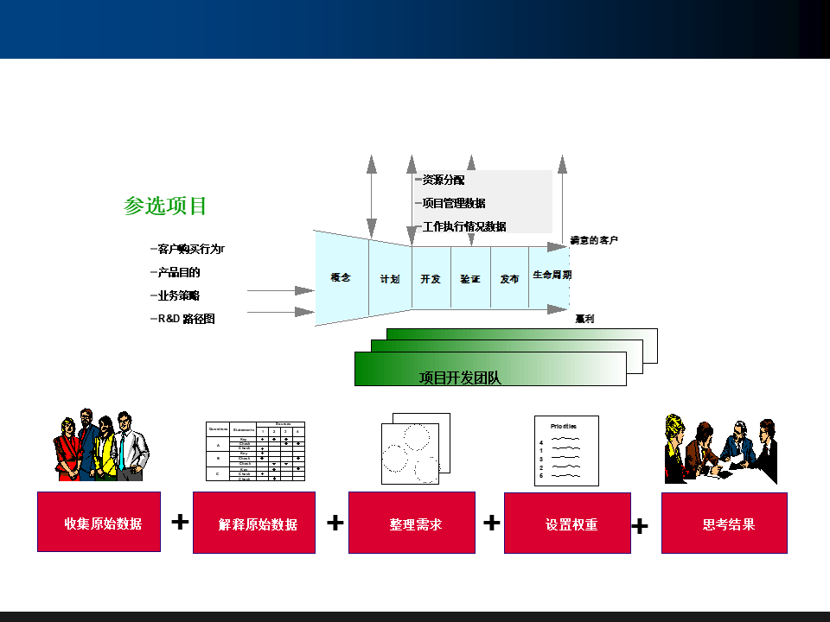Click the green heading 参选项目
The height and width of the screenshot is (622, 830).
[166, 206]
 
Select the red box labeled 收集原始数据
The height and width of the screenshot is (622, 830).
[99, 522]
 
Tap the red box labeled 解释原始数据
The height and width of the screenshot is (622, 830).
[254, 523]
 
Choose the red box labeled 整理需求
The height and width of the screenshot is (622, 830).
[412, 523]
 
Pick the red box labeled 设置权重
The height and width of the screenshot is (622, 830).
[567, 523]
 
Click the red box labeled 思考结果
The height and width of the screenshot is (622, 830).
[725, 523]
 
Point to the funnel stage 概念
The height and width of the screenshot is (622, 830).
[341, 278]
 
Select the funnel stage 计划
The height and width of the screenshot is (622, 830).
[390, 279]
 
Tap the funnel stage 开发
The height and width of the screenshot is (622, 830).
[431, 279]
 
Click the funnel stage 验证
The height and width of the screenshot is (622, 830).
[469, 279]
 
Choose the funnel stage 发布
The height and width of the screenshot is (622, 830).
[509, 279]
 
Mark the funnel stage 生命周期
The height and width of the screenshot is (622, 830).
[551, 275]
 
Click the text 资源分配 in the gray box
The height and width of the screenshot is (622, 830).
[443, 181]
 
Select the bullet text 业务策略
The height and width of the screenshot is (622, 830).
[179, 295]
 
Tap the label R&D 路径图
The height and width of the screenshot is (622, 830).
[186, 319]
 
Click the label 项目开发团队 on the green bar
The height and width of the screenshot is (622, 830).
[460, 378]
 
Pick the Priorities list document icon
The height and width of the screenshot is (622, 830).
[566, 451]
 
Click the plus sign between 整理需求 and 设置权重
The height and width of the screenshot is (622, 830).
[491, 523]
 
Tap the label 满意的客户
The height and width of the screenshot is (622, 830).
[594, 240]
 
